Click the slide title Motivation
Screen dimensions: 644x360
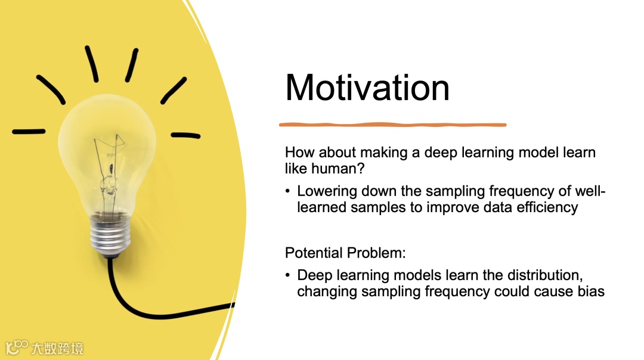[367, 88]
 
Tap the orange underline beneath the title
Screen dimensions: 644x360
[392, 125]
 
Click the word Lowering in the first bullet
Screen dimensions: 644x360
[327, 192]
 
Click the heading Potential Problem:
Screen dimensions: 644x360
[345, 253]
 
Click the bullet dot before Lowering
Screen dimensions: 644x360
[287, 191]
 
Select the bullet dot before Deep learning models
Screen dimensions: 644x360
[287, 275]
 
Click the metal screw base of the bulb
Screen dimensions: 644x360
[110, 235]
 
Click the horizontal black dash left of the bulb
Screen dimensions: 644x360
[29, 132]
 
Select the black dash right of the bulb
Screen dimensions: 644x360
[185, 135]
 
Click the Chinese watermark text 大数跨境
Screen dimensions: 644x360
[57, 349]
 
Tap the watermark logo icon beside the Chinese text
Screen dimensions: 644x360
[17, 347]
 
